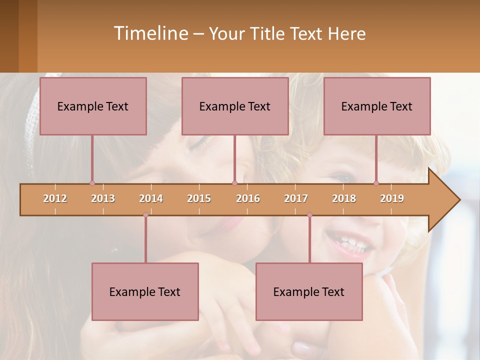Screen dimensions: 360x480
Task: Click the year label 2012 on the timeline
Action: [55, 198]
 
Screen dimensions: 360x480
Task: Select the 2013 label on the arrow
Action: [103, 198]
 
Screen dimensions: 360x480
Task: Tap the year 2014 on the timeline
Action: [151, 198]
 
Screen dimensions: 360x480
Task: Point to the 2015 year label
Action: [199, 198]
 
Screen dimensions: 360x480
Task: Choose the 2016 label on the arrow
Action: [248, 198]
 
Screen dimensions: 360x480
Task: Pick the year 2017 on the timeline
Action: [296, 198]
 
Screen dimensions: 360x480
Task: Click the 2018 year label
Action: [344, 198]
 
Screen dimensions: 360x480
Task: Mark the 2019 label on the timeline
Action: [392, 198]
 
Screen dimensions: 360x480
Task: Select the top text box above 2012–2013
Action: [93, 106]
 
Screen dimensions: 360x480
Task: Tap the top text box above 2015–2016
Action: [235, 106]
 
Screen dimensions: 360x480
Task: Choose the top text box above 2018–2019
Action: [377, 106]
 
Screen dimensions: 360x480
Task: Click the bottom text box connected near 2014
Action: [145, 291]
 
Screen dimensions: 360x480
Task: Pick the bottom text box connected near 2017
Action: [309, 291]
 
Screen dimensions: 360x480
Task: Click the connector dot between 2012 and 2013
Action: [92, 183]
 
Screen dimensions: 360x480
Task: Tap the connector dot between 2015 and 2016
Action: [234, 183]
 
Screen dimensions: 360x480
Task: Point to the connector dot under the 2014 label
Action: [145, 215]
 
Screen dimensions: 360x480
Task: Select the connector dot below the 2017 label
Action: [309, 215]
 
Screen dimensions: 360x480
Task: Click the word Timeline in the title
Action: [150, 33]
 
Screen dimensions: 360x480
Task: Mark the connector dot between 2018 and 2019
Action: [376, 183]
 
